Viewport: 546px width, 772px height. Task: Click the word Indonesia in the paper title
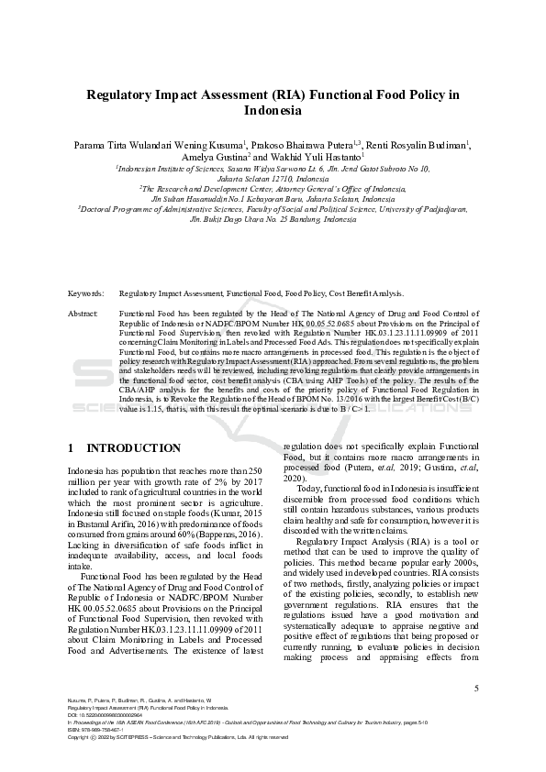click(273, 110)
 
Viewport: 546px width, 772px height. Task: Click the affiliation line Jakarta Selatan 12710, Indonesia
click(273, 179)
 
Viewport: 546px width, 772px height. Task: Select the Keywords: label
click(85, 293)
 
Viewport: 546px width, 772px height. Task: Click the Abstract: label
click(84, 314)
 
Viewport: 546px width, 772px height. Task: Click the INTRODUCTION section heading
click(133, 448)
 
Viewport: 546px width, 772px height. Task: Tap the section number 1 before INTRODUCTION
click(72, 448)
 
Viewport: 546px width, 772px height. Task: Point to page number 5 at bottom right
click(475, 688)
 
